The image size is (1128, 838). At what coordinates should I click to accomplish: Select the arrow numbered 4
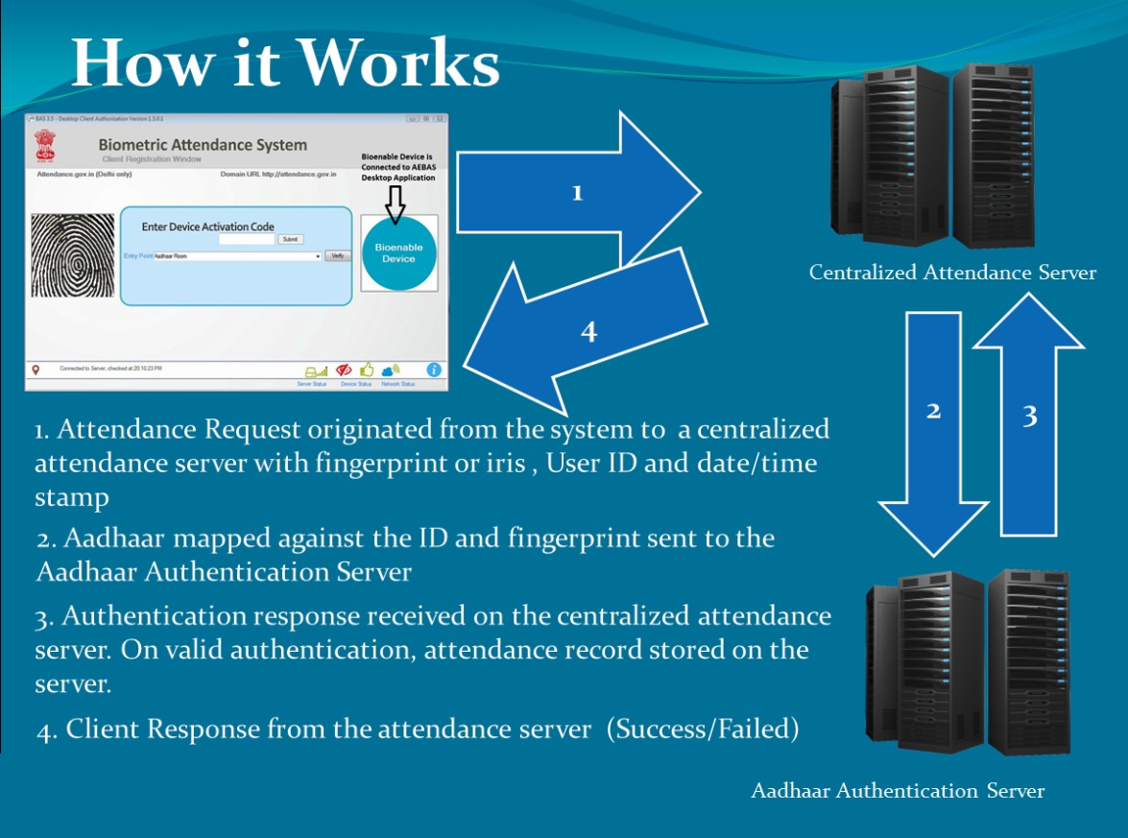coord(588,330)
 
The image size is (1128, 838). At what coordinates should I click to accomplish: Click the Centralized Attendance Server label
coord(952,273)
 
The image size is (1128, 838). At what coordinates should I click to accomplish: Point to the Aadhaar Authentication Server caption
coord(897,791)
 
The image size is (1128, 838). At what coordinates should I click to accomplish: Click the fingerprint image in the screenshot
coord(73,255)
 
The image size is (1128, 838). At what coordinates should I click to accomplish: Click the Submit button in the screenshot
coord(291,239)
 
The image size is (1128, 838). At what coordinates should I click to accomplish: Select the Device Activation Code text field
coord(247,239)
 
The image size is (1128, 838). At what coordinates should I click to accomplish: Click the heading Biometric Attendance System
coord(203,145)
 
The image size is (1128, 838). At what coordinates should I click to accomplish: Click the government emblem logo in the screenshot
coord(46,146)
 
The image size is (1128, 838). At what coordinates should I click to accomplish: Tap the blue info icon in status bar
coord(434,370)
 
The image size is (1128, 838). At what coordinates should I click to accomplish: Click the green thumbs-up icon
coord(367,370)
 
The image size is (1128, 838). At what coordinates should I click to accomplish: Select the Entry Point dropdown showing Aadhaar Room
coord(237,256)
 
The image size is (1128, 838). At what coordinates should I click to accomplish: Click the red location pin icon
coord(36,370)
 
